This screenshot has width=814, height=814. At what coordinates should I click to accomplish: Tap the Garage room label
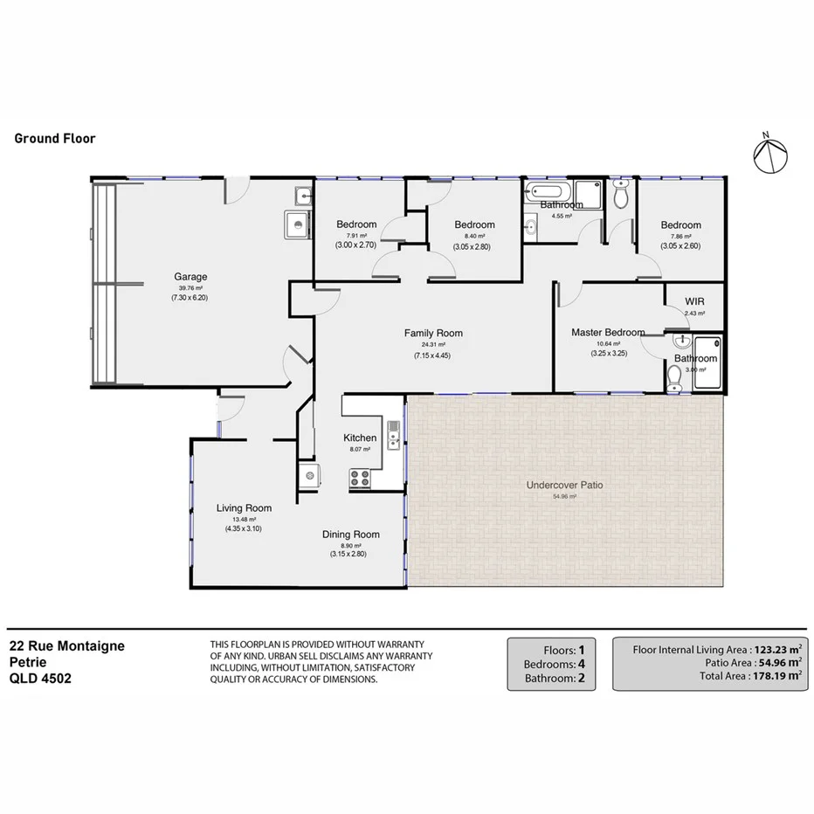tap(190, 277)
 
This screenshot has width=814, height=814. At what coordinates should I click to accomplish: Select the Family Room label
tap(432, 333)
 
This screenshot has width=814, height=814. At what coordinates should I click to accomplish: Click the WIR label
tap(695, 301)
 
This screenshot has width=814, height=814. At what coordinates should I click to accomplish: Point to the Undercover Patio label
tap(564, 485)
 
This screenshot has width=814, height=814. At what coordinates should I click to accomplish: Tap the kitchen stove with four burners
tap(359, 477)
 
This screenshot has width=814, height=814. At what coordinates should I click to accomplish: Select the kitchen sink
tap(394, 432)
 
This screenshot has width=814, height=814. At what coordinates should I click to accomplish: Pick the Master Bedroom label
tap(608, 333)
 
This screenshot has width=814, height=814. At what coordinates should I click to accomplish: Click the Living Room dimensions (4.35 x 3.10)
tap(243, 528)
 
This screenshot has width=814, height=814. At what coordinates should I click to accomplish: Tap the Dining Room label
tap(350, 535)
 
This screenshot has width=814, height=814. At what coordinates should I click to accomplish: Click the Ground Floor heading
tap(55, 138)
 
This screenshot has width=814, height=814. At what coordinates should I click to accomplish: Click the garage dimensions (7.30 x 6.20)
tap(190, 298)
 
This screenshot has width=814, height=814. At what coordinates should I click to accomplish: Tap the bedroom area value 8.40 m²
tap(474, 236)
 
